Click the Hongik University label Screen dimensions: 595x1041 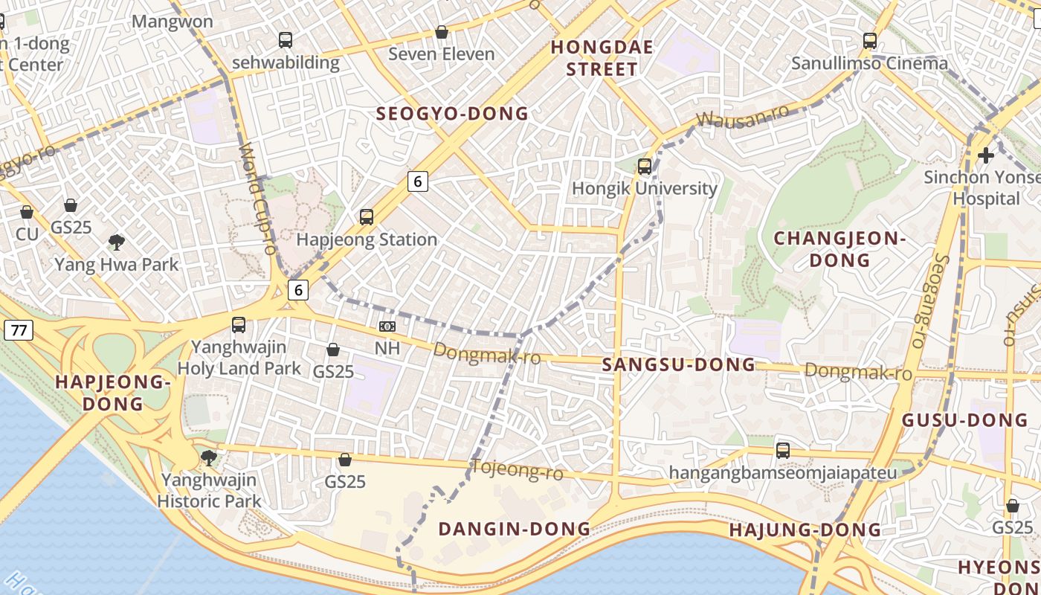(x=644, y=188)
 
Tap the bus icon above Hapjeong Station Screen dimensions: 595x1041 (x=366, y=217)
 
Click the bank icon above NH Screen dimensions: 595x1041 (x=387, y=326)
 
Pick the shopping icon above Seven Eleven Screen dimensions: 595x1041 (x=442, y=32)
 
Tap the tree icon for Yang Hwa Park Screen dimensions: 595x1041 (x=116, y=242)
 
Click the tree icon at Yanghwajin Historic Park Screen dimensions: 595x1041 (x=209, y=457)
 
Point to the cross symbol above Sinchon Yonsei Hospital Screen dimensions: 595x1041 (x=986, y=155)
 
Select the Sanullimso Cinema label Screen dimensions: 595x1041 (x=869, y=63)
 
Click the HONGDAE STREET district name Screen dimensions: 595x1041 (x=602, y=59)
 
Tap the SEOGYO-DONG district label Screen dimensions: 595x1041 (x=452, y=114)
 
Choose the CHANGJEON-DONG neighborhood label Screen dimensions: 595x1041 (x=839, y=249)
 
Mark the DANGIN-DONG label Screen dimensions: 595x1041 (x=514, y=529)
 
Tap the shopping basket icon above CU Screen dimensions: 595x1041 (x=27, y=212)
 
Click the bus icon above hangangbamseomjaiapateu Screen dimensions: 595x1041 (x=782, y=450)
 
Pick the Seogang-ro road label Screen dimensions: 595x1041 (x=929, y=301)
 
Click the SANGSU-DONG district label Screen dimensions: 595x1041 (x=678, y=364)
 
